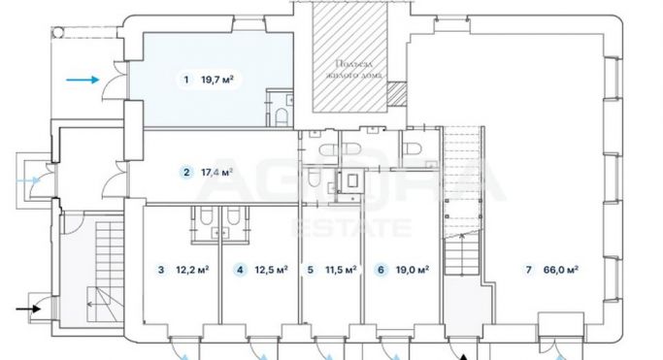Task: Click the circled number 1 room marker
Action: (x=184, y=81)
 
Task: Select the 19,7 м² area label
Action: (x=218, y=81)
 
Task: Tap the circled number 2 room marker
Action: (x=185, y=173)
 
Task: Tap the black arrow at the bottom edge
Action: (x=464, y=353)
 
